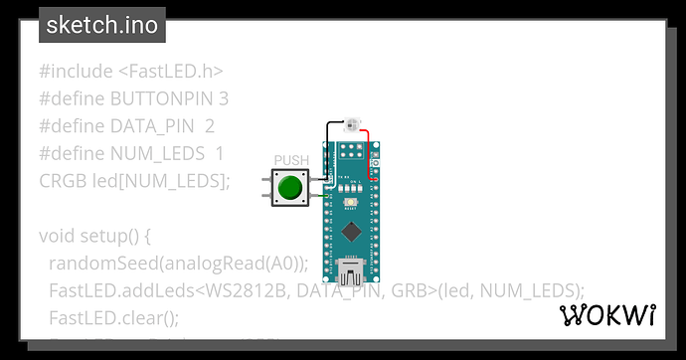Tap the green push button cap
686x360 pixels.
click(x=290, y=187)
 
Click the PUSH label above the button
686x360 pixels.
click(x=290, y=160)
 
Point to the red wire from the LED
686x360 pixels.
click(x=371, y=149)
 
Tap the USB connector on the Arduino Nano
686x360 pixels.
click(x=350, y=271)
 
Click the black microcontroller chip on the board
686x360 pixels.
click(x=350, y=232)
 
